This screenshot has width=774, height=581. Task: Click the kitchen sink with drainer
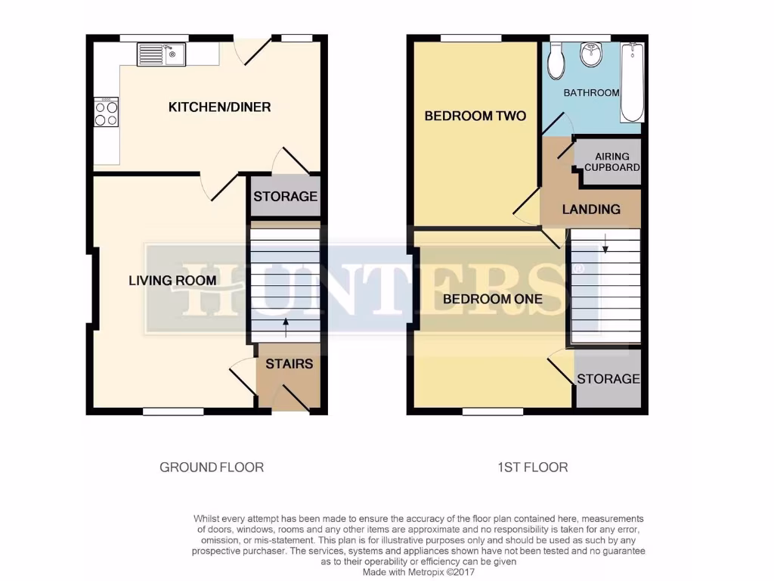click(x=162, y=54)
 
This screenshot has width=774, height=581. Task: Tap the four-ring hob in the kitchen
click(x=106, y=113)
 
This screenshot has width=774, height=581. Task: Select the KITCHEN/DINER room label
click(x=219, y=107)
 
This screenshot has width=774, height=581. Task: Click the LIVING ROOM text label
click(x=172, y=281)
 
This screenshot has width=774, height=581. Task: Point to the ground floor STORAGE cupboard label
click(x=285, y=197)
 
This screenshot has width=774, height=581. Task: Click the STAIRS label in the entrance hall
click(x=289, y=364)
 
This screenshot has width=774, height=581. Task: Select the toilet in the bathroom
click(x=556, y=61)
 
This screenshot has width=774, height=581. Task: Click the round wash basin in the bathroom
click(x=590, y=54)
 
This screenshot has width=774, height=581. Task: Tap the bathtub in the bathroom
click(x=632, y=83)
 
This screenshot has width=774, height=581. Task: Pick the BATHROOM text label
click(x=592, y=93)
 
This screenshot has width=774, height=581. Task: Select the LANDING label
click(x=591, y=210)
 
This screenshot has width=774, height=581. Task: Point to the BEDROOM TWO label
click(x=475, y=116)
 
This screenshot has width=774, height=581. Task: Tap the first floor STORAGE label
click(x=608, y=378)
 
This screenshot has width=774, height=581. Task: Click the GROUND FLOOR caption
click(x=212, y=468)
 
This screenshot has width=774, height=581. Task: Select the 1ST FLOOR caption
click(x=532, y=468)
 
